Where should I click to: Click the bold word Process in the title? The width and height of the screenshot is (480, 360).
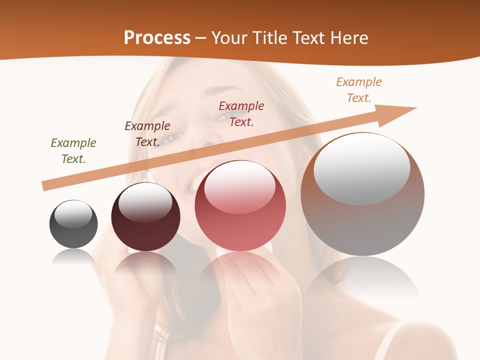[x=157, y=38]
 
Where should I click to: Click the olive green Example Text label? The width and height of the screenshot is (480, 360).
[x=73, y=150]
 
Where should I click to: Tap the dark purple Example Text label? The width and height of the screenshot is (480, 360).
[x=147, y=133]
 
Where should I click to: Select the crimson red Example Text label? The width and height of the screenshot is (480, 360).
[x=241, y=113]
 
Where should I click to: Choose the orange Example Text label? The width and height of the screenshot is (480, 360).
[x=359, y=89]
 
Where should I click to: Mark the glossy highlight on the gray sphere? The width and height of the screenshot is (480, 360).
[x=73, y=213]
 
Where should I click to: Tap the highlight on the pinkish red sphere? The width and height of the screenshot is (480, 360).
[x=240, y=186]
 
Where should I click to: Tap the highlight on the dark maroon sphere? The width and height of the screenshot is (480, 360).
[x=145, y=201]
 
